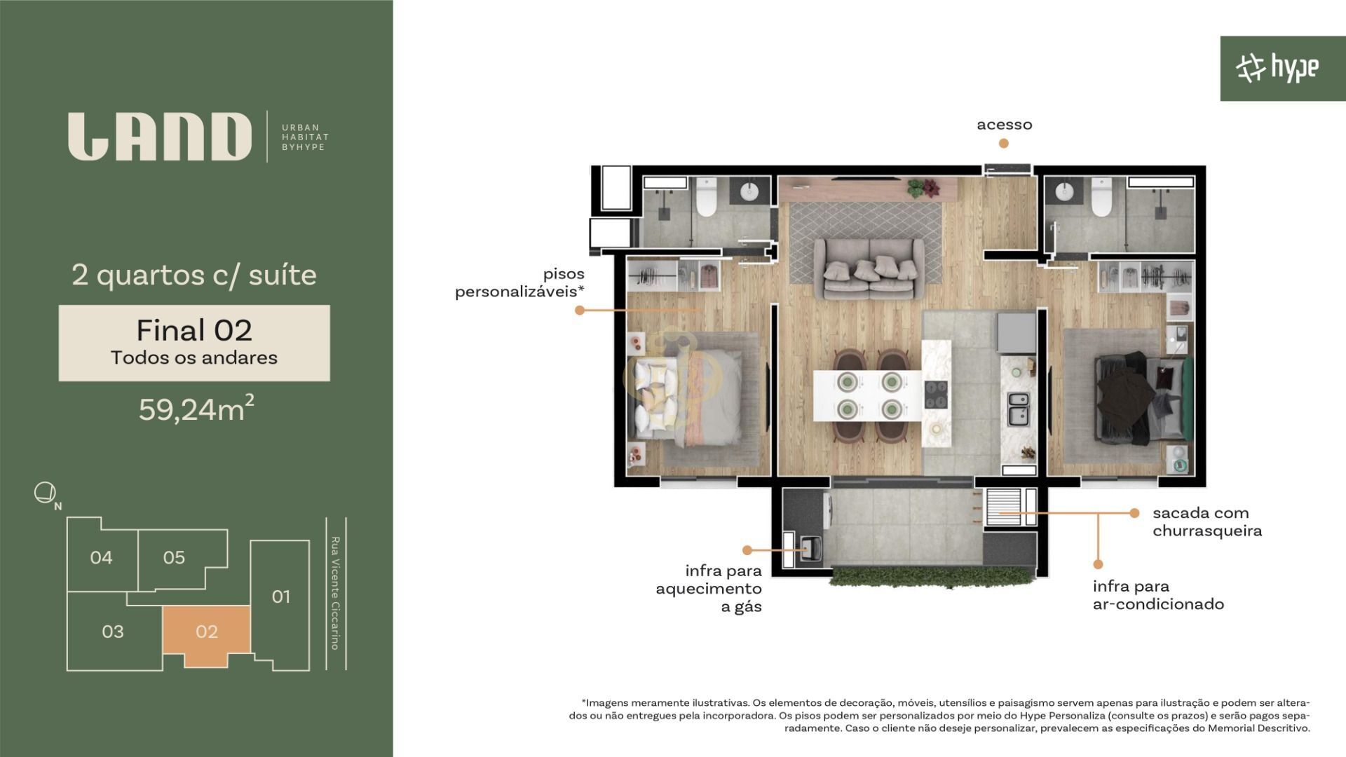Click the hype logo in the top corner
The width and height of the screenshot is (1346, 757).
pyautogui.click(x=1277, y=68)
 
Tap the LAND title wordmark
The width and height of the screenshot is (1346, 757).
pyautogui.click(x=160, y=137)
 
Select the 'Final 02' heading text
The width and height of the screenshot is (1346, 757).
pyautogui.click(x=194, y=330)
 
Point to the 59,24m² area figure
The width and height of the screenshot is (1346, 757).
pyautogui.click(x=196, y=409)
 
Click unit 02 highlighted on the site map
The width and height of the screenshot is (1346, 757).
pyautogui.click(x=206, y=632)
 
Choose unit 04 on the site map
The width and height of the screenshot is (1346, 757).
pyautogui.click(x=102, y=557)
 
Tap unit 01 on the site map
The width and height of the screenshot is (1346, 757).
pyautogui.click(x=280, y=596)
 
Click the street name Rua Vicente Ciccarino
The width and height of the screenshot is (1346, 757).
pyautogui.click(x=335, y=593)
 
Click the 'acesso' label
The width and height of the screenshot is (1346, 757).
pyautogui.click(x=1005, y=125)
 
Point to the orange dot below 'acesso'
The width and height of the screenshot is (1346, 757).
pyautogui.click(x=1004, y=144)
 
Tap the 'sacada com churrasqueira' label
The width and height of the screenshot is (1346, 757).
pyautogui.click(x=1207, y=521)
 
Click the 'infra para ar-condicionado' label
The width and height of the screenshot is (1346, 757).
pyautogui.click(x=1158, y=595)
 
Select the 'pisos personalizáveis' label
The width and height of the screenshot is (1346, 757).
pyautogui.click(x=519, y=282)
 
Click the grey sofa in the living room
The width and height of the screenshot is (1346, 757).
pyautogui.click(x=870, y=268)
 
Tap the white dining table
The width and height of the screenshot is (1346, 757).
pyautogui.click(x=867, y=395)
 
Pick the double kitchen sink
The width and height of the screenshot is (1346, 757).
pyautogui.click(x=1018, y=409)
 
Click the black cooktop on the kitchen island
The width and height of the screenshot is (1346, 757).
pyautogui.click(x=936, y=394)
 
